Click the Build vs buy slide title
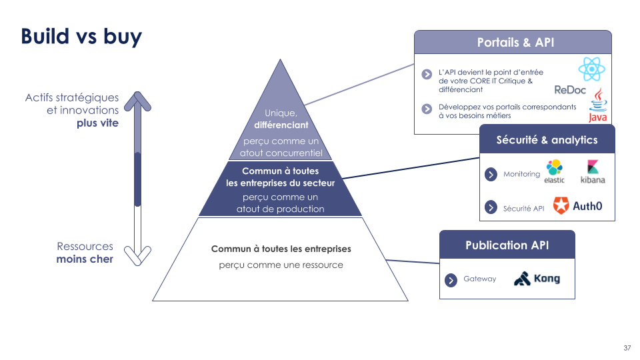81,36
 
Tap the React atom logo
591,69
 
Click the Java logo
598,105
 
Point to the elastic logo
555,172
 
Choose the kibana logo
593,172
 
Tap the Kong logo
537,279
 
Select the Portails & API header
515,43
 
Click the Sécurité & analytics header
547,140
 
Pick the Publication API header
507,245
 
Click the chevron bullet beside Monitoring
491,175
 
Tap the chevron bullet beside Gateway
451,279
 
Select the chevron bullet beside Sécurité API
491,207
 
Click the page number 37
627,348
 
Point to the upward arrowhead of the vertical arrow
138,101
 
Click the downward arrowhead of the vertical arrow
138,255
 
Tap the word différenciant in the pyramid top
280,125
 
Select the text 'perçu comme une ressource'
281,265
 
